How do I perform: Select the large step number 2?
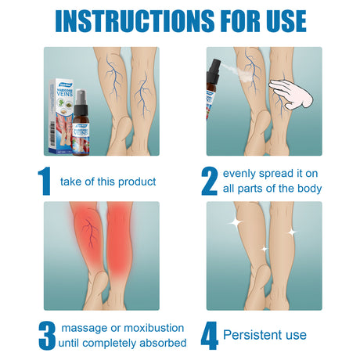point(209,180)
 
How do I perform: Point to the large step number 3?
point(47,334)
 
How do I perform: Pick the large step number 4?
point(209,334)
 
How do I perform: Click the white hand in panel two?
point(292,95)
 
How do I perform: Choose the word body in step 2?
point(306,189)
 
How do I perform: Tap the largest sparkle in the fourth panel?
point(232,224)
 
